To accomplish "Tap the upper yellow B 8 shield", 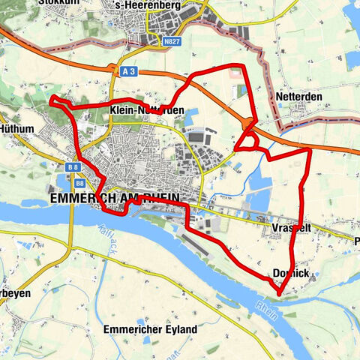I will point(73,167).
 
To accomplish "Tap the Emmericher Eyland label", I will point(151,329).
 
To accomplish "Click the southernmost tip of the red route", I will point(279,293).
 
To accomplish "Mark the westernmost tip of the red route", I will point(51,100).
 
